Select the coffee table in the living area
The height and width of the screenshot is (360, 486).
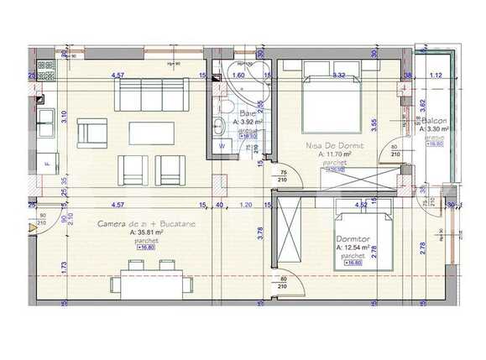(x=151, y=133)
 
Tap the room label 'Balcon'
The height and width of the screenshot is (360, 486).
(x=434, y=121)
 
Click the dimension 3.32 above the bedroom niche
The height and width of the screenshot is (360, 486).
(x=339, y=75)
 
